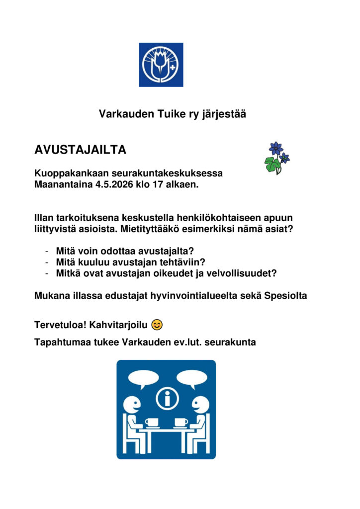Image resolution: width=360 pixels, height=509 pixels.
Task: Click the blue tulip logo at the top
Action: pos(161,65)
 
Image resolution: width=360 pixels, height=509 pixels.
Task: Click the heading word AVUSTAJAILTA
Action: pos(80,150)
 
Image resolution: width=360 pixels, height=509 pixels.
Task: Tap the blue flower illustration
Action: pos(276,157)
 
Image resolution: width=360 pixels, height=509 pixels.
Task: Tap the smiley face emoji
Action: pos(157,325)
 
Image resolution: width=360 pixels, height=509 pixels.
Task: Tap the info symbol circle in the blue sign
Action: pos(167,398)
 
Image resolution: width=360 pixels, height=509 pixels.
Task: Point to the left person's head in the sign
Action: pos(132,404)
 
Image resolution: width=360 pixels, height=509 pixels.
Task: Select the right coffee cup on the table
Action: pos(181,423)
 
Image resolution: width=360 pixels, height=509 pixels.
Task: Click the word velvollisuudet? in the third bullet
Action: pos(244,273)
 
